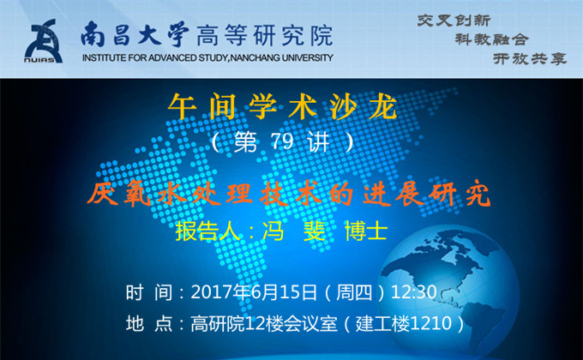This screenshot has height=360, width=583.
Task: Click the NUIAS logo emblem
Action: pos(43,41)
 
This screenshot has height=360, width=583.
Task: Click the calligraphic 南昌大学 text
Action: pos(135,35)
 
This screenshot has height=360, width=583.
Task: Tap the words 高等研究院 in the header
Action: pos(264,36)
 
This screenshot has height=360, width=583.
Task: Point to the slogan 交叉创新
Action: pos(454,21)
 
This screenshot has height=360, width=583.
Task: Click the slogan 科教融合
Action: pos(491,39)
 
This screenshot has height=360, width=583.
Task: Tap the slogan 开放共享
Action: pos(530,59)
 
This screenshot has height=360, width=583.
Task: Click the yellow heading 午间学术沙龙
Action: pos(283,107)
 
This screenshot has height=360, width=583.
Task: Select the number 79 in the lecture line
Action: pos(282,141)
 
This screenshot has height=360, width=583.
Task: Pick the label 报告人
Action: pos(207,231)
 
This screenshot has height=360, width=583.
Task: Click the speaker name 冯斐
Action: pos(294,231)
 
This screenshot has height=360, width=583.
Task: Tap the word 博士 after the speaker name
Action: pos(366,231)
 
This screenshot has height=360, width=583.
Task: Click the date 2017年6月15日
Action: pos(254,292)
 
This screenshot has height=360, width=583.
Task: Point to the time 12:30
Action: pos(414,292)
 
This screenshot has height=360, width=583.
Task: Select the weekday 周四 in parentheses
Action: pos(354,292)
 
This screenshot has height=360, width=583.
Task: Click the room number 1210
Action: pos(431,323)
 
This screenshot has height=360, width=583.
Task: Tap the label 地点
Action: pos(149,323)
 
